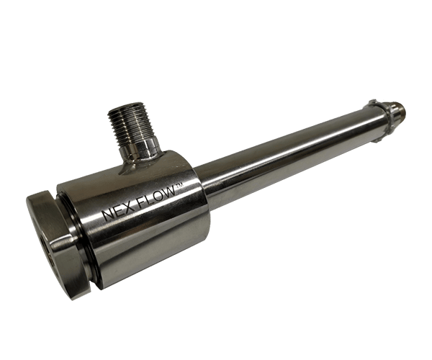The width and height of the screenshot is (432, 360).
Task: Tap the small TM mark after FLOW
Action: [x=179, y=186]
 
